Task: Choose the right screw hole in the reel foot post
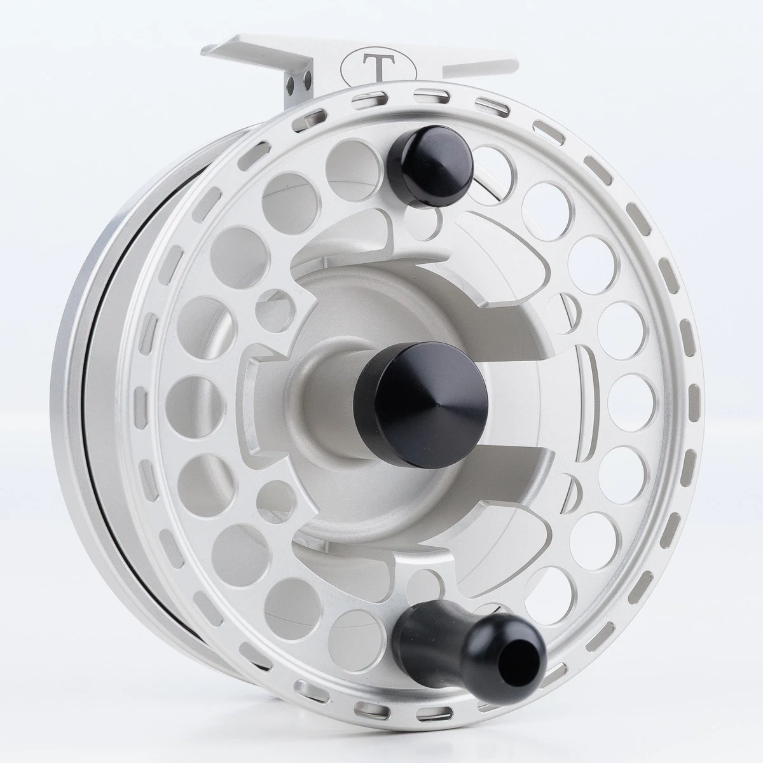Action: coord(307,78)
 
